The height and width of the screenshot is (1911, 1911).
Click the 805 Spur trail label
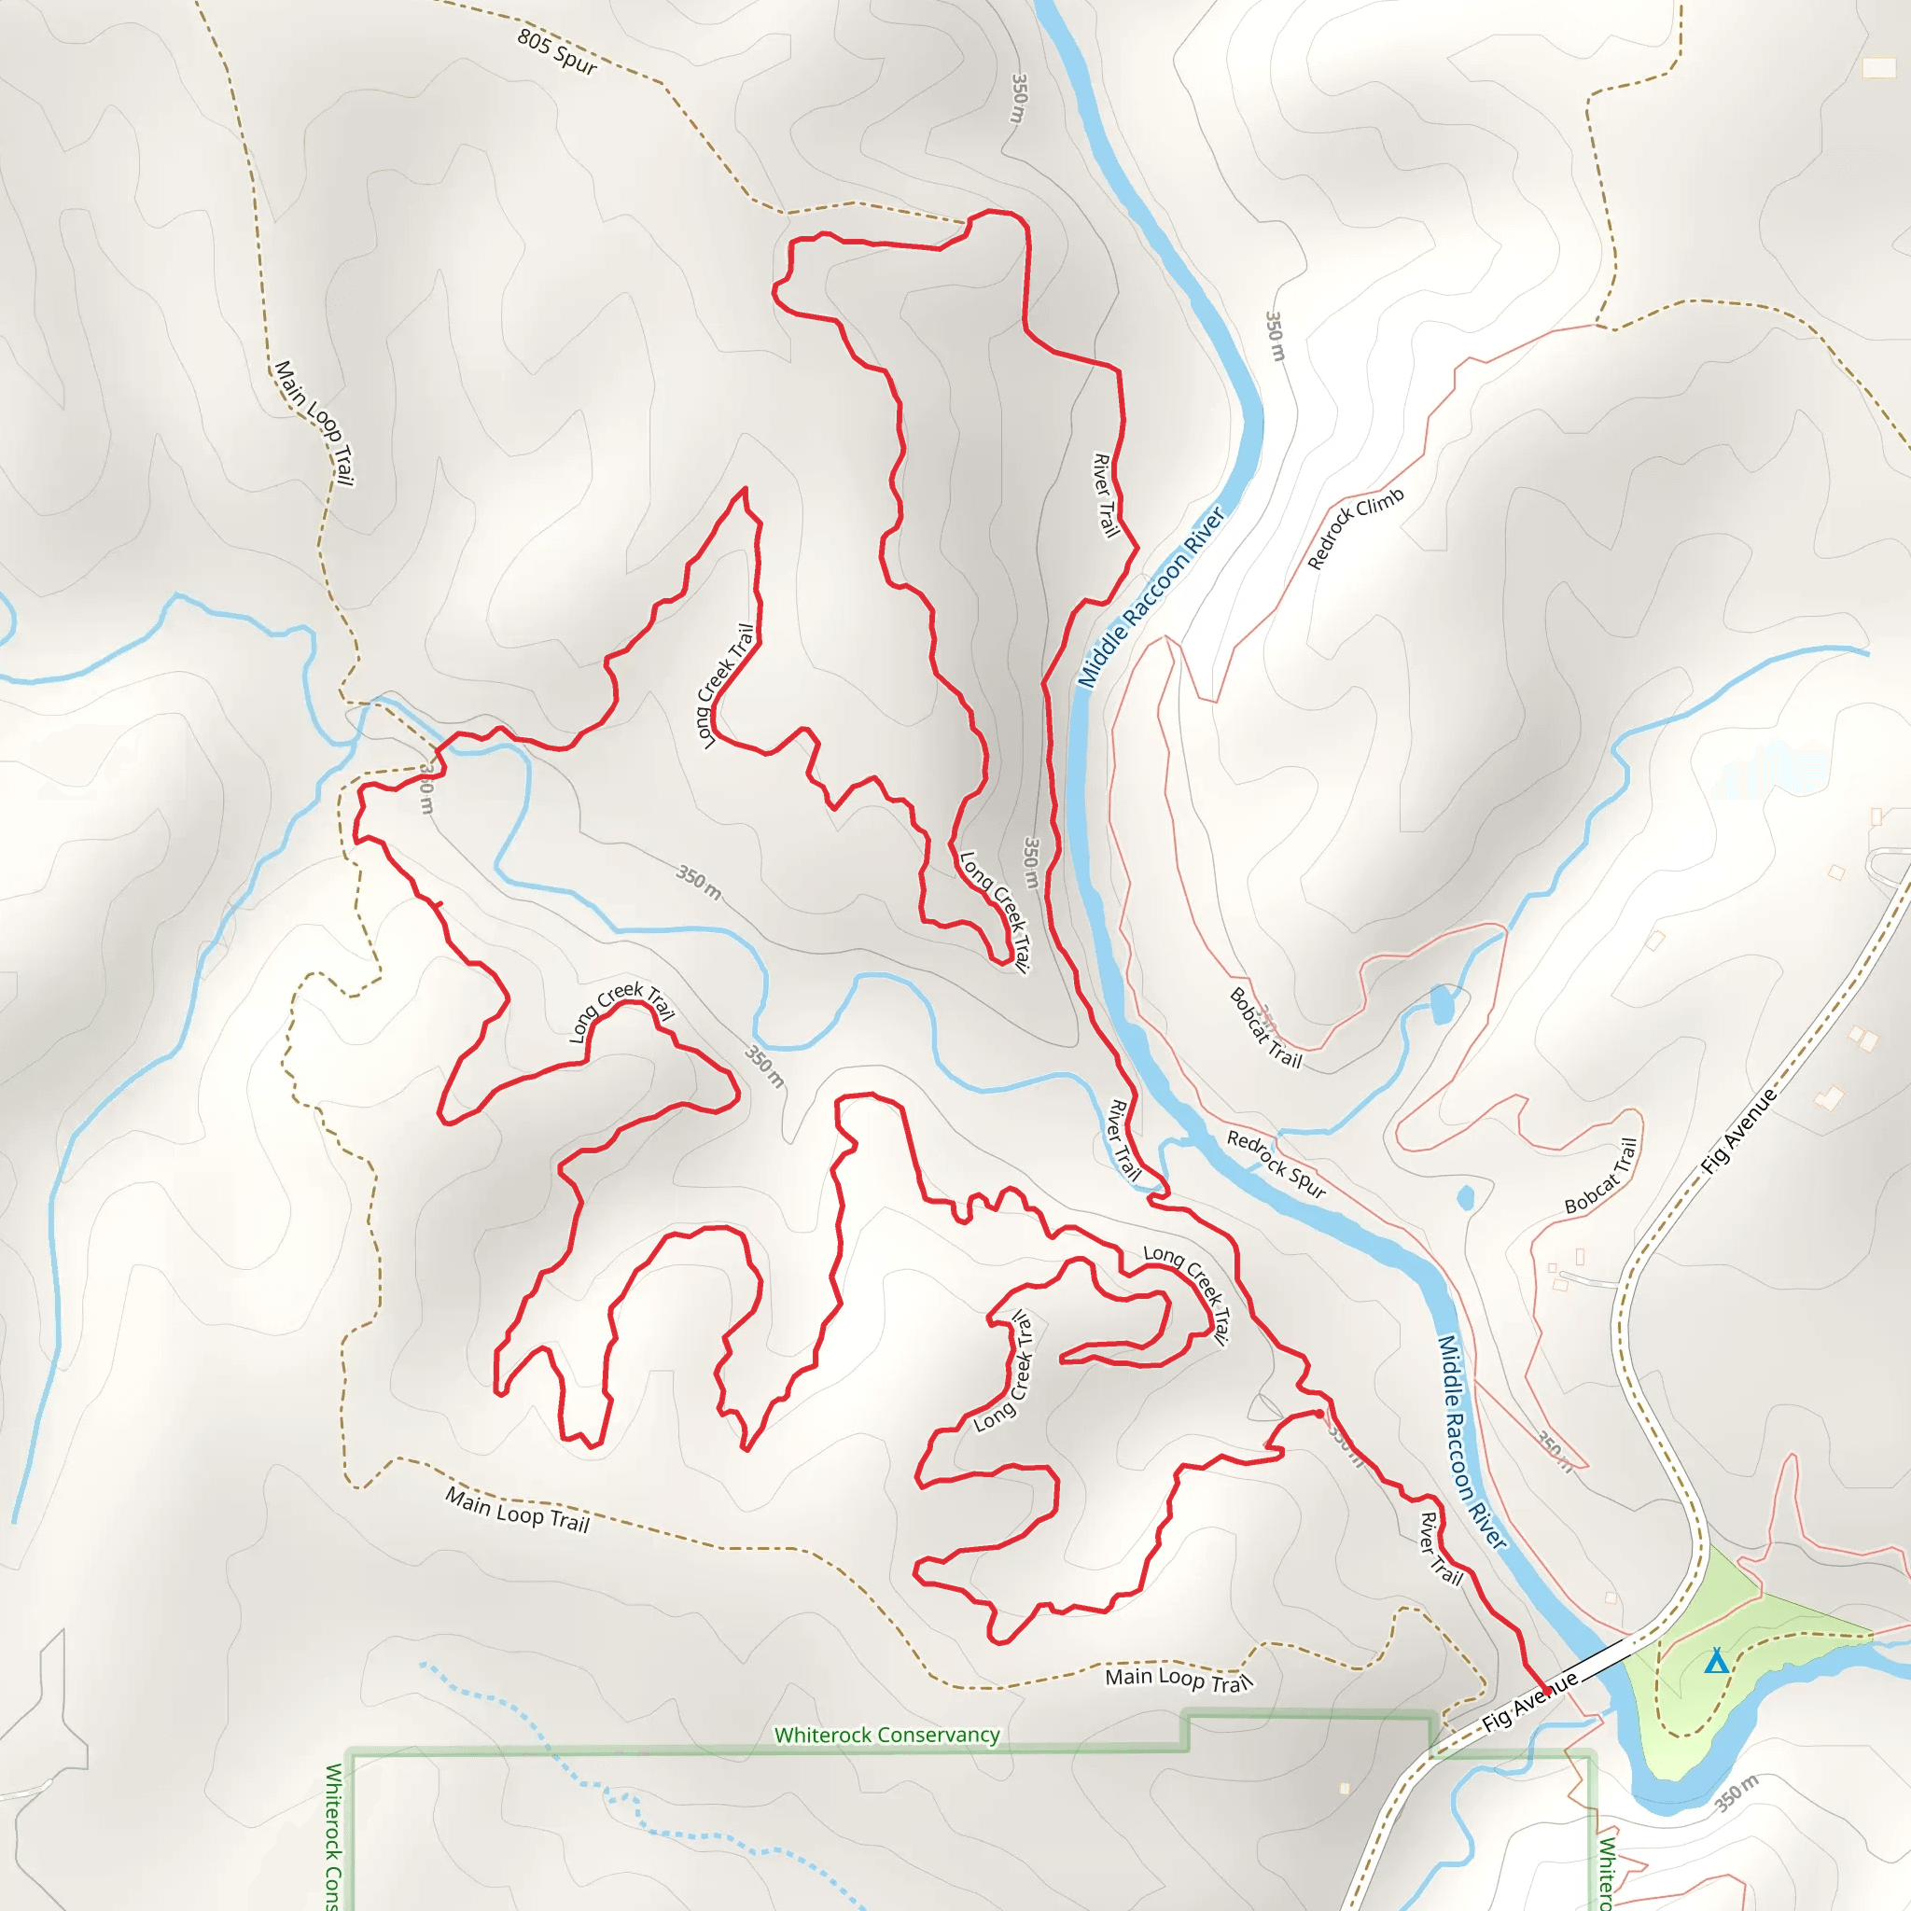point(557,51)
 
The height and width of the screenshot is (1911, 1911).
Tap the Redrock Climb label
point(1355,528)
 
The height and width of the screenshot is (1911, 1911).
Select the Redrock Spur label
point(1276,1165)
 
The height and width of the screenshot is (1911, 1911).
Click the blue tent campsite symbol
point(1716,1662)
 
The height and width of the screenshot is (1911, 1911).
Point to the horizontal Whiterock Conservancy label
point(886,1735)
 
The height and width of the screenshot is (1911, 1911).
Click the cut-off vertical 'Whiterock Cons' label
point(334,1835)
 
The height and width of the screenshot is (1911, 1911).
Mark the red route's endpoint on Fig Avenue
point(1546,1693)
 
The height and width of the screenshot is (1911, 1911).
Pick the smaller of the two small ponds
point(1466,1198)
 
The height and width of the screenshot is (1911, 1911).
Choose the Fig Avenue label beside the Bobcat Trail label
point(1739,1132)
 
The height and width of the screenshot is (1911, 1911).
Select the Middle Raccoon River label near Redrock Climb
point(1151,597)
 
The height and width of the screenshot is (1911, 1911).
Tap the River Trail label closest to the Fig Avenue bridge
point(1440,1549)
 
